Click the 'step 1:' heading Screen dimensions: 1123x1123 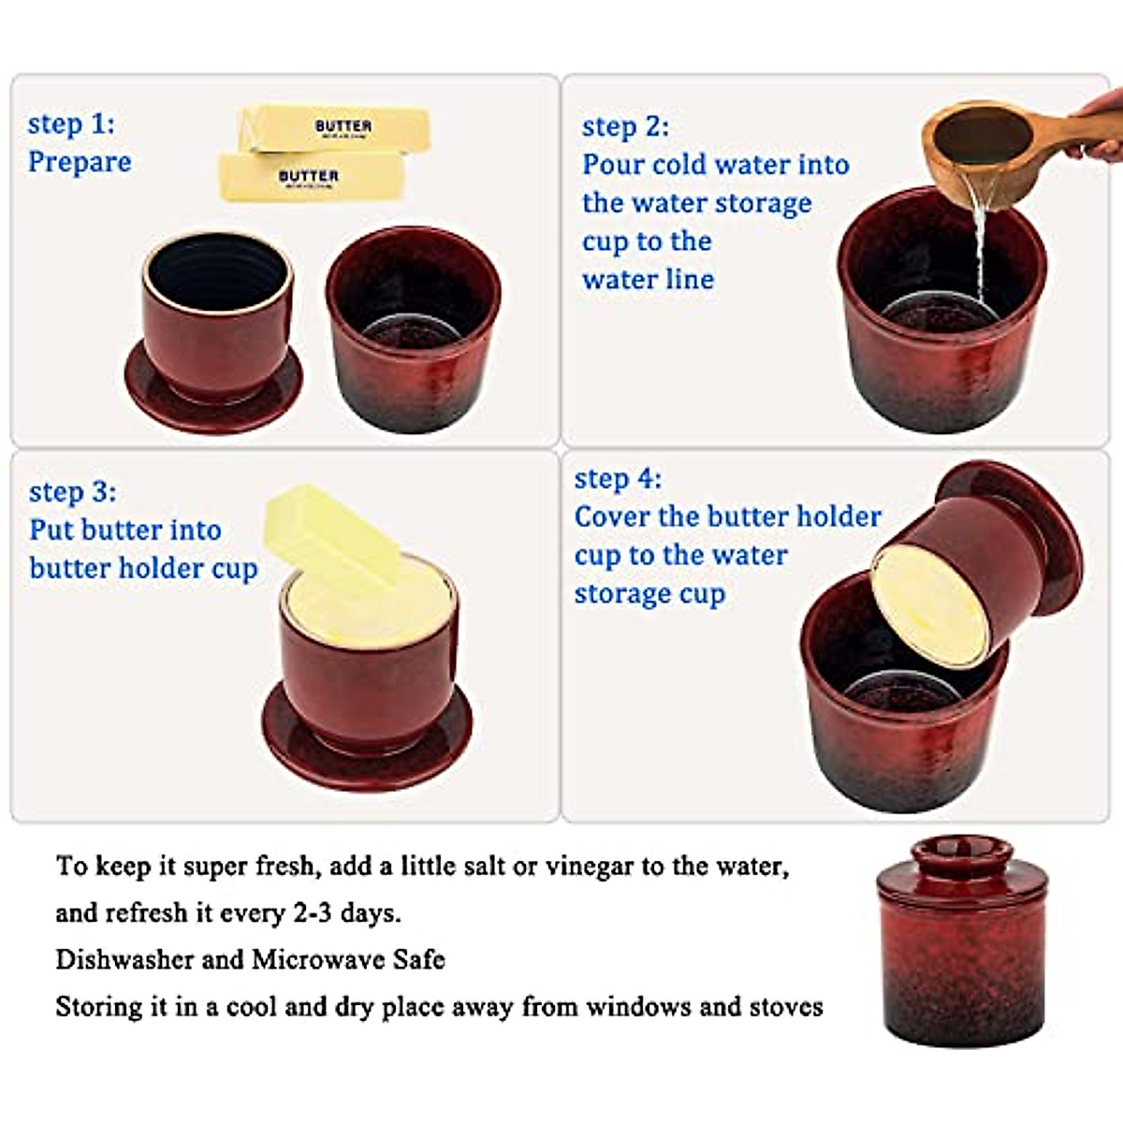click(x=71, y=124)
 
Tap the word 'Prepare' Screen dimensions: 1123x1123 click(x=80, y=162)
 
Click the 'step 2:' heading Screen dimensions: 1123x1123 click(x=625, y=126)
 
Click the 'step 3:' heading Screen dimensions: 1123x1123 click(x=72, y=491)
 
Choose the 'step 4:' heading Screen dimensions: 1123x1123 click(x=618, y=479)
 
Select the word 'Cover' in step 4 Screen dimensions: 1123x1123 click(x=612, y=517)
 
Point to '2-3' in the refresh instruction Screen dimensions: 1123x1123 click(x=312, y=912)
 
